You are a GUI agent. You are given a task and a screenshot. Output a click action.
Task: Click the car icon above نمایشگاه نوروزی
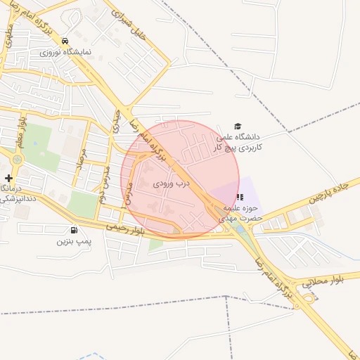click(x=65, y=41)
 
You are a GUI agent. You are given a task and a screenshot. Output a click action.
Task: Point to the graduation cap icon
click(x=238, y=126)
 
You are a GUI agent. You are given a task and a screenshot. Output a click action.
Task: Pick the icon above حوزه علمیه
click(x=239, y=198)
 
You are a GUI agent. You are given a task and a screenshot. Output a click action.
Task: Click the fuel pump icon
click(x=74, y=230)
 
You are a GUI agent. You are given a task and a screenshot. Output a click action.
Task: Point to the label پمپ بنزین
click(x=74, y=241)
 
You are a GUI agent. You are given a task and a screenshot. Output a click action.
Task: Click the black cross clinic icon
click(x=8, y=179)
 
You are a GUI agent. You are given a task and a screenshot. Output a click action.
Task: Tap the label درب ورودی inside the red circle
click(x=172, y=183)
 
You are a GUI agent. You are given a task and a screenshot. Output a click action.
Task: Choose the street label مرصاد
click(x=82, y=152)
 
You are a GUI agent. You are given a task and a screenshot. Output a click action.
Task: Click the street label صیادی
click(x=115, y=122)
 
